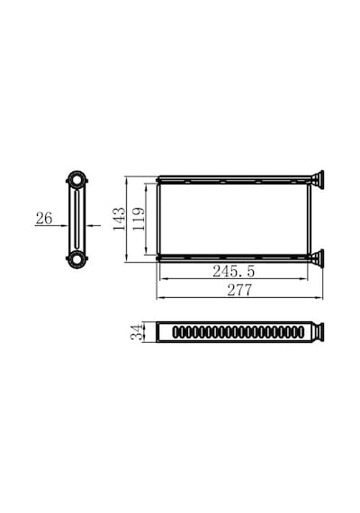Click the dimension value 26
pyautogui.click(x=44, y=218)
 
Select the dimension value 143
pyautogui.click(x=119, y=219)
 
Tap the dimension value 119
pyautogui.click(x=139, y=219)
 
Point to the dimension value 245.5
pyautogui.click(x=233, y=271)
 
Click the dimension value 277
pyautogui.click(x=240, y=290)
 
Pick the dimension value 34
pyautogui.click(x=137, y=332)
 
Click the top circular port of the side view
pyautogui.click(x=77, y=180)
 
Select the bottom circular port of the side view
pyautogui.click(x=77, y=259)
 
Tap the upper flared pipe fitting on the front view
pyautogui.click(x=317, y=179)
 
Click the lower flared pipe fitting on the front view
pyautogui.click(x=317, y=258)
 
